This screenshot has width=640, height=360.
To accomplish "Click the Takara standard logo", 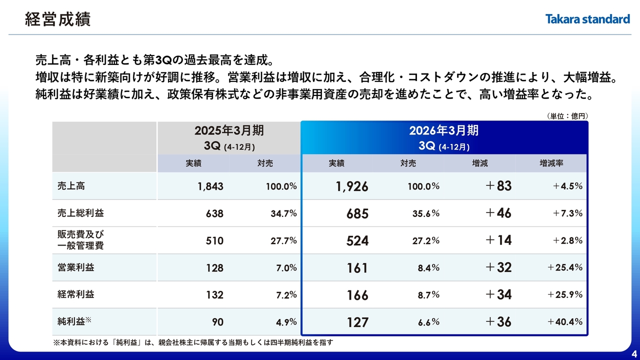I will [x=587, y=19].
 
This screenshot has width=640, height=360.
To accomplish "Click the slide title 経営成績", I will [x=57, y=19].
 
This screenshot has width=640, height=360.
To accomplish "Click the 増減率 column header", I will [x=551, y=163].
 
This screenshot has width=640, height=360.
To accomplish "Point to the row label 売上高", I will [x=71, y=186].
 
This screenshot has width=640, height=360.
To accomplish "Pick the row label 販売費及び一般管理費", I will [x=80, y=240].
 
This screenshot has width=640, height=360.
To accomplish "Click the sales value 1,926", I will [x=352, y=186].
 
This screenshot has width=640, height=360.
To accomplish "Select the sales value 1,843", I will [x=210, y=186].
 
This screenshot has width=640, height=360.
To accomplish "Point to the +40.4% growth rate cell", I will [x=565, y=322].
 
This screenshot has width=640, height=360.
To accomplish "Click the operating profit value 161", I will [x=357, y=268].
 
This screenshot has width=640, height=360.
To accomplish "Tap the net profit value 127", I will [x=357, y=322].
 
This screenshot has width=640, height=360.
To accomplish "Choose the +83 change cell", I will [x=498, y=186].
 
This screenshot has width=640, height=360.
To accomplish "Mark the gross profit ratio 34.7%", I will [x=283, y=213].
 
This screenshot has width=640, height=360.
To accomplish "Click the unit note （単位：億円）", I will [x=566, y=116].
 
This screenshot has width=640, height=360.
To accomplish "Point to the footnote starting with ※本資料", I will [x=193, y=342].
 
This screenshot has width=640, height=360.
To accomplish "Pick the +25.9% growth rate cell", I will [x=565, y=295].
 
